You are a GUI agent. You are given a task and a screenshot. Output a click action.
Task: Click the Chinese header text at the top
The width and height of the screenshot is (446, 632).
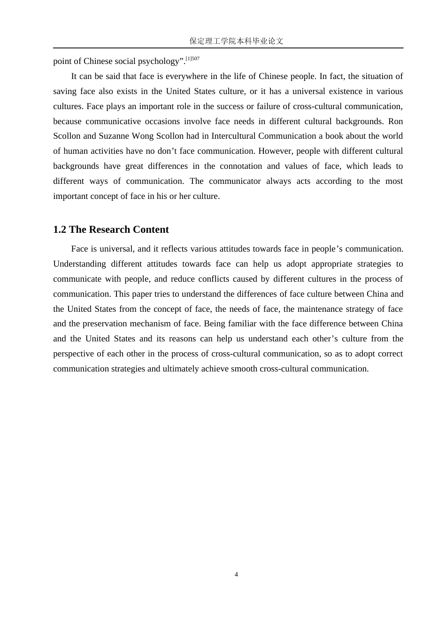click(x=236, y=41)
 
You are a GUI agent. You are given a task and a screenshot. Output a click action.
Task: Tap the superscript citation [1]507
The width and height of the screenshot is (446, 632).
click(x=192, y=59)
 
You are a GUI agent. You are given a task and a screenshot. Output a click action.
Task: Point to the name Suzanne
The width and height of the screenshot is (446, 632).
click(x=115, y=136)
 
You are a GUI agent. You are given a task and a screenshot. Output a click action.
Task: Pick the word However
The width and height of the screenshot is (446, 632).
click(x=275, y=151)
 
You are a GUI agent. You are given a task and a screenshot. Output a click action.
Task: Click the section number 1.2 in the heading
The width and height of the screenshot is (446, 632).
click(x=60, y=229)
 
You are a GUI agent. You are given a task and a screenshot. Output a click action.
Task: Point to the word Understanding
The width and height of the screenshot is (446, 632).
click(x=79, y=264)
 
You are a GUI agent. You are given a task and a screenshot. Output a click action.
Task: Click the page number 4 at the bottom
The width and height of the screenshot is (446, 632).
click(x=236, y=574)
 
